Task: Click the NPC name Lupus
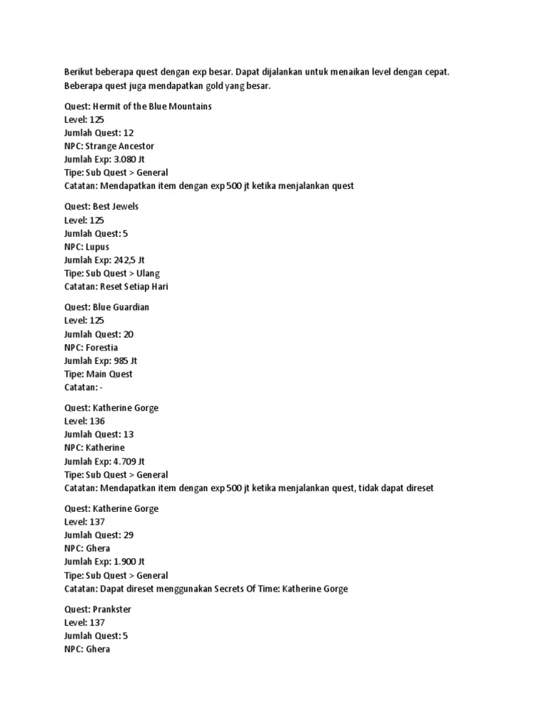tap(97, 247)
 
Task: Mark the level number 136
tap(97, 421)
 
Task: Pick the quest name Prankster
tap(112, 609)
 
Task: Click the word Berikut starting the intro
tap(79, 72)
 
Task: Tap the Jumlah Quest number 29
tap(129, 535)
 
